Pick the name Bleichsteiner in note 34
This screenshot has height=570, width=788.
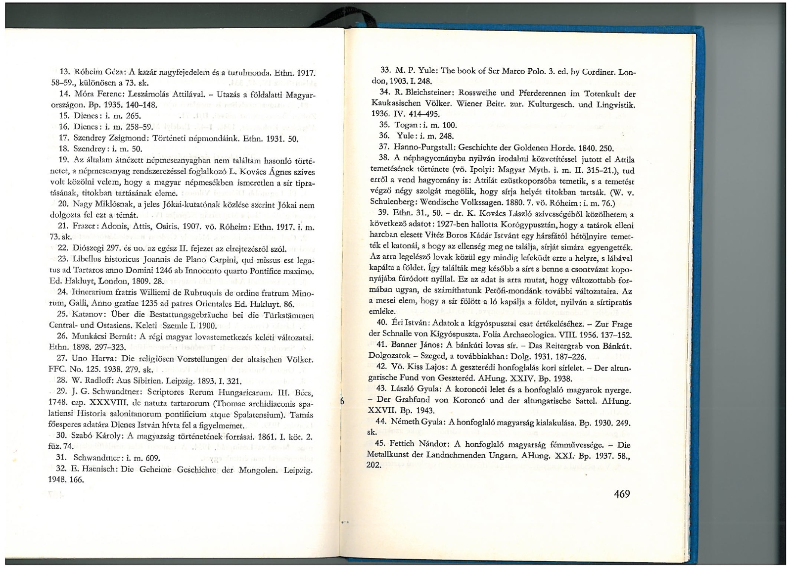(x=430, y=94)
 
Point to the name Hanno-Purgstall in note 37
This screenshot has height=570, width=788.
(x=424, y=147)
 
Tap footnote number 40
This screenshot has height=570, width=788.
(x=381, y=323)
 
